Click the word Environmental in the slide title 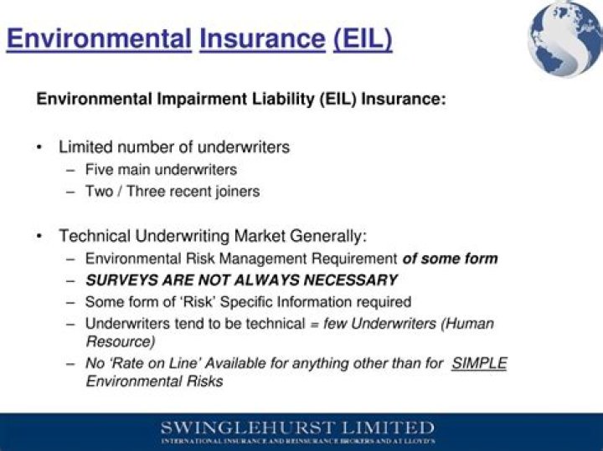click(x=99, y=38)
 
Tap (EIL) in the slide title click(x=362, y=38)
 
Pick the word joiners click(x=234, y=192)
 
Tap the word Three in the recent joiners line click(x=151, y=192)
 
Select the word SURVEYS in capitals click(x=118, y=280)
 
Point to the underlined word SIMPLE click(x=479, y=364)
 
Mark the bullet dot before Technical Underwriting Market click(x=39, y=237)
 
